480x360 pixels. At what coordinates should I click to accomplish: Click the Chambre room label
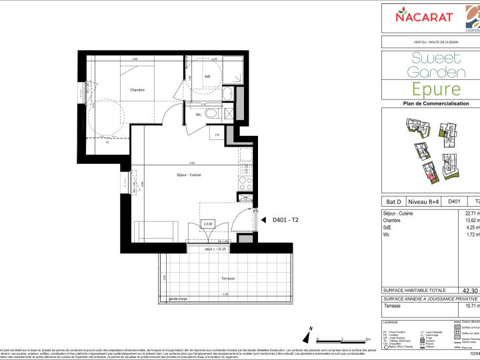pyautogui.click(x=137, y=91)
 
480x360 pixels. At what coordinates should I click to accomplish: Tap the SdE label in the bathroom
pyautogui.click(x=207, y=77)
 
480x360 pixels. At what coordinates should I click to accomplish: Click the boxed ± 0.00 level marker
pyautogui.click(x=208, y=223)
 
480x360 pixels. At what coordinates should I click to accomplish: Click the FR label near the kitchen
pyautogui.click(x=217, y=135)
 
